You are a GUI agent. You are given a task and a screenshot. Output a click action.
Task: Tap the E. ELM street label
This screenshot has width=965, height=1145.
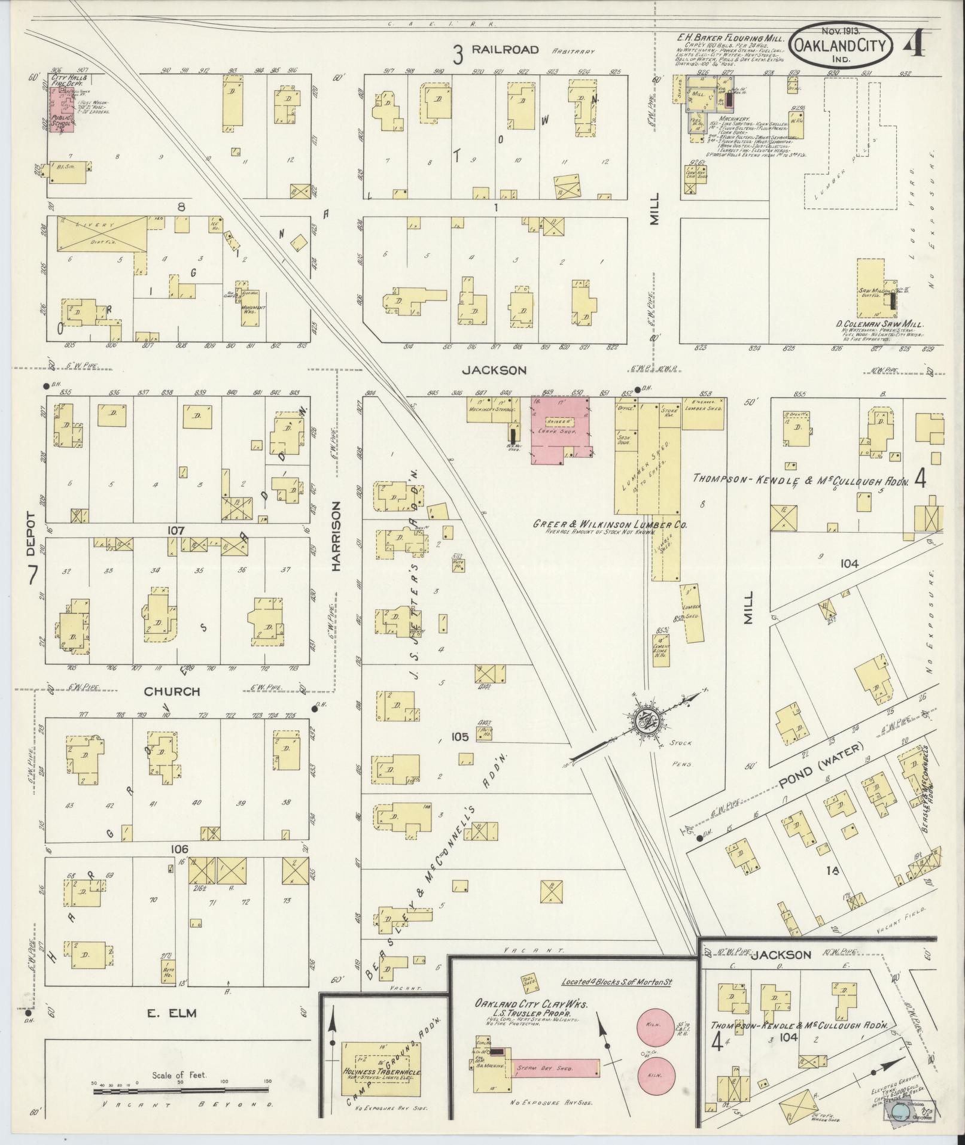tap(172, 1013)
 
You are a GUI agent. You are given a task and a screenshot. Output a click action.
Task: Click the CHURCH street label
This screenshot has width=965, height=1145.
tap(172, 691)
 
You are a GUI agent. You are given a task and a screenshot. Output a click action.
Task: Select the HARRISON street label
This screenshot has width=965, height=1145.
tap(336, 536)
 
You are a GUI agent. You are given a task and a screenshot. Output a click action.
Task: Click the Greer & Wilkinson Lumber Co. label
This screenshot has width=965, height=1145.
tap(610, 524)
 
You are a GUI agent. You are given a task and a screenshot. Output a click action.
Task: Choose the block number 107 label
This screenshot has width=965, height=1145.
tap(176, 530)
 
